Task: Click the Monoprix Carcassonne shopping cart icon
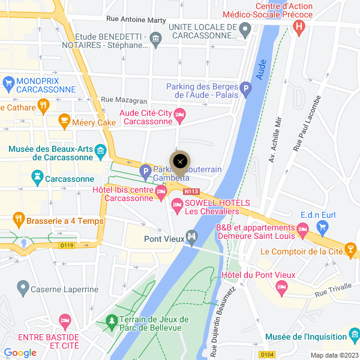pyautogui.click(x=8, y=81)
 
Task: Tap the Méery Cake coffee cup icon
pyautogui.click(x=64, y=122)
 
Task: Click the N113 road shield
pyautogui.click(x=192, y=192)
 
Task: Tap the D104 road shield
pyautogui.click(x=267, y=355)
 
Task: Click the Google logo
pyautogui.click(x=20, y=353)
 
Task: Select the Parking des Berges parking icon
pyautogui.click(x=245, y=91)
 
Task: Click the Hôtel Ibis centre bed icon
pyautogui.click(x=160, y=192)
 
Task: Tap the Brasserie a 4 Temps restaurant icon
pyautogui.click(x=19, y=221)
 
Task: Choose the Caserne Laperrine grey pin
pyautogui.click(x=23, y=289)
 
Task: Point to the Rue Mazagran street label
pyautogui.click(x=124, y=100)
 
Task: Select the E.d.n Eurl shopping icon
pyautogui.click(x=323, y=226)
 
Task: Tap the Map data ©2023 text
pyautogui.click(x=334, y=355)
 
